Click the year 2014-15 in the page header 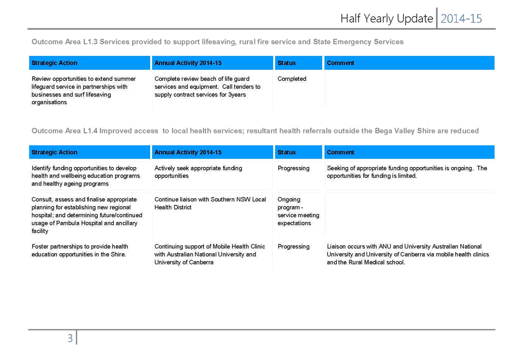pos(461,19)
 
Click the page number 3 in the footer pos(70,338)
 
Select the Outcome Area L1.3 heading pos(217,42)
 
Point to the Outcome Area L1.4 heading pos(255,131)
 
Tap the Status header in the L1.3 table pos(286,63)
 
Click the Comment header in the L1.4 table pos(340,152)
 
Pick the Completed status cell pos(292,79)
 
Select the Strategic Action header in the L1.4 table pos(54,152)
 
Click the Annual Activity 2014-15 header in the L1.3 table pos(188,63)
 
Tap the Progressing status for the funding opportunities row pos(294,168)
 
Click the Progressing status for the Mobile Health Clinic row pos(294,247)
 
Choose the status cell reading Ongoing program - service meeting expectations pos(298,211)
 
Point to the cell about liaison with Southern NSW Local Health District pos(210,203)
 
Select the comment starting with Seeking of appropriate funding pos(407,172)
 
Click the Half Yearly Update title pos(387,19)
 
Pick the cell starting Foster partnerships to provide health pos(80,251)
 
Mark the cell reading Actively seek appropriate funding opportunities pos(198,172)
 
